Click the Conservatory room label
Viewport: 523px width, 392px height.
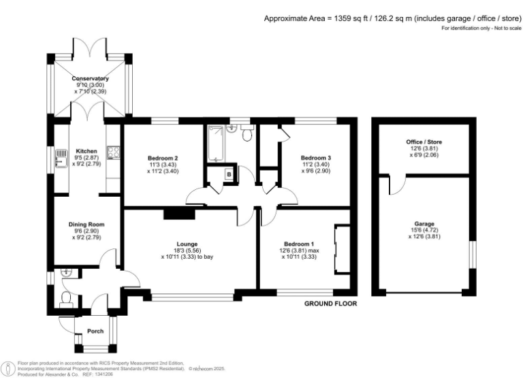click(x=91, y=78)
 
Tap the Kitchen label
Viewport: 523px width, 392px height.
click(x=86, y=151)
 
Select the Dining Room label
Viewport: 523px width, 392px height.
click(x=86, y=224)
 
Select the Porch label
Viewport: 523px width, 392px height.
click(x=95, y=332)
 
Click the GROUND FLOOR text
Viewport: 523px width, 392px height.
click(x=330, y=304)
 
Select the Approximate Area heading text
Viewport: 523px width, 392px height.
click(x=390, y=18)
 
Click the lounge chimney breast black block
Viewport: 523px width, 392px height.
click(x=179, y=214)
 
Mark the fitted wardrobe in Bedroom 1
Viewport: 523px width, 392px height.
click(x=342, y=247)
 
